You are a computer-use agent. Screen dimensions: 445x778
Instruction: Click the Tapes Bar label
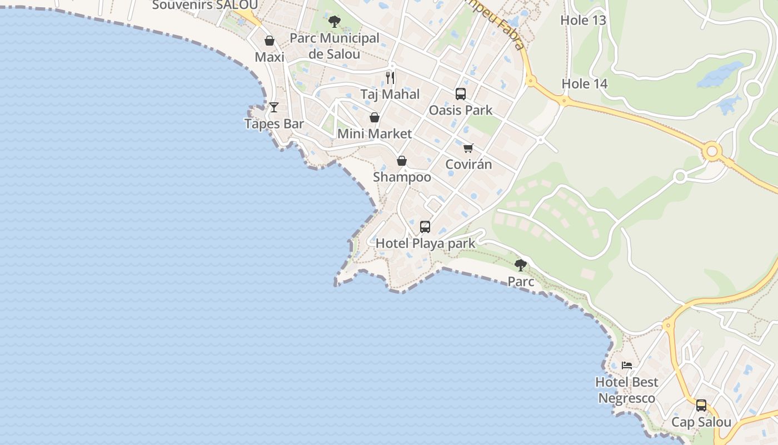274,123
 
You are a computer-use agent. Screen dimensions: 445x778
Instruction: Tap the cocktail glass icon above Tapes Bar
273,107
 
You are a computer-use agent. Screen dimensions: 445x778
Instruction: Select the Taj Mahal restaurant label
390,94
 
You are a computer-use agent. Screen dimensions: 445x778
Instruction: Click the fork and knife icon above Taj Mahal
390,77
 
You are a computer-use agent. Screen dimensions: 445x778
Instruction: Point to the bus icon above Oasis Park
461,93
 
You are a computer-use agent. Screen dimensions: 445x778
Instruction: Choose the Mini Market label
375,134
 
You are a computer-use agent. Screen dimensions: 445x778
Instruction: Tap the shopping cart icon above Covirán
468,148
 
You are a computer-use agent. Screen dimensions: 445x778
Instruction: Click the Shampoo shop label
402,177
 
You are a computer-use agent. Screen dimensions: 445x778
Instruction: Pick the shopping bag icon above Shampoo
402,161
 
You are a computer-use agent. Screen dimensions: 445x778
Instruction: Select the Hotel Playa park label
426,243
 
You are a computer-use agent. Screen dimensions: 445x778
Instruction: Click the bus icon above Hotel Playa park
425,226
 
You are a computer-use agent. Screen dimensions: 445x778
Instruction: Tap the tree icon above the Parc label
521,265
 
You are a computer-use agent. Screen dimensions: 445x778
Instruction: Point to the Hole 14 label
585,84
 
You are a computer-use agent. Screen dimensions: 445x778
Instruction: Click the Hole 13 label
583,21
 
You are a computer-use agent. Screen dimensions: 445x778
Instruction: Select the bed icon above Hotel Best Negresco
627,365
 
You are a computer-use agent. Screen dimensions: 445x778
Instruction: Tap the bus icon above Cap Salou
701,405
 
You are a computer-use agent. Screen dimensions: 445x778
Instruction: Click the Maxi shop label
270,57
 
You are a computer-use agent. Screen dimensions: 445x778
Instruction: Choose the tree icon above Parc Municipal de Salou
334,22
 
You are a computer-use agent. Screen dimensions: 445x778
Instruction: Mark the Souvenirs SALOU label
205,5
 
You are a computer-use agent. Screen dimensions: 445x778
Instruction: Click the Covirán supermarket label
469,165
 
